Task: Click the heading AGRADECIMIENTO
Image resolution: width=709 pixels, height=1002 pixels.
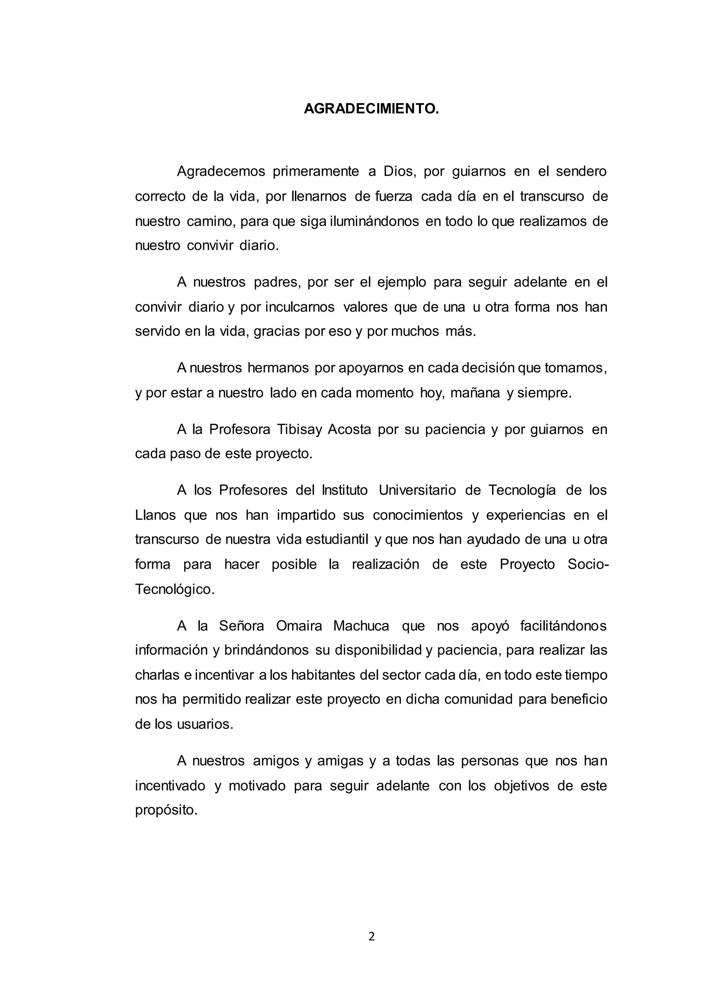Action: point(371,109)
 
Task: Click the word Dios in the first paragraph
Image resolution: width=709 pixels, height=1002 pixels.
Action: point(398,172)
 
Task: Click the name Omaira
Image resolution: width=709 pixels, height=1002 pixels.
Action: point(299,626)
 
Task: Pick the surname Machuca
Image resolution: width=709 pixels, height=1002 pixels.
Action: point(361,626)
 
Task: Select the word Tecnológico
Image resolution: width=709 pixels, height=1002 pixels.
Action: point(174,589)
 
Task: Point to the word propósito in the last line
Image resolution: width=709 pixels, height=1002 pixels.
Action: point(166,810)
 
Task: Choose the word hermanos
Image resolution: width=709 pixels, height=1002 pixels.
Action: point(278,368)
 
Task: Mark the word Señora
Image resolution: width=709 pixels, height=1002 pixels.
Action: point(241,626)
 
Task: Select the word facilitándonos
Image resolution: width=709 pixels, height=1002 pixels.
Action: point(563,626)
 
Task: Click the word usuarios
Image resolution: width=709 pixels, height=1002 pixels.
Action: point(205,724)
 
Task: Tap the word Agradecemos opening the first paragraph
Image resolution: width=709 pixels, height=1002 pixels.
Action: point(221,172)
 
